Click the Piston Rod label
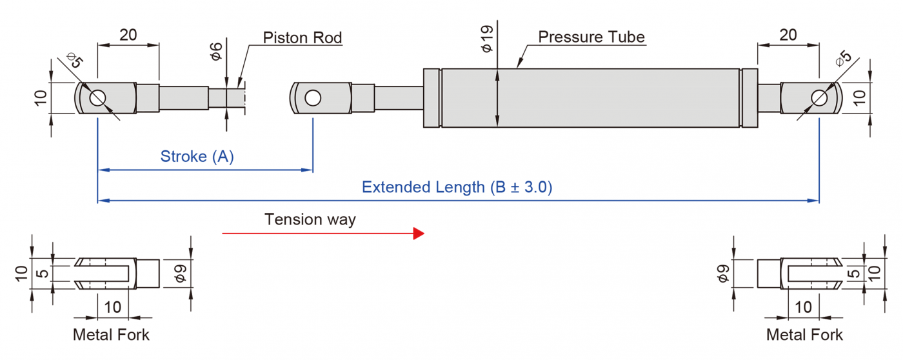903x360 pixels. [302, 37]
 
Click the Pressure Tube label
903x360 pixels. [591, 37]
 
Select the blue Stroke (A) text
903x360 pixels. [197, 156]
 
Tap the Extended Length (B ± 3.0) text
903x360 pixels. [457, 188]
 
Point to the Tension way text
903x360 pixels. [310, 219]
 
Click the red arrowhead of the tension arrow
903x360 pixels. [419, 234]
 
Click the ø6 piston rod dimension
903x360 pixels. [217, 52]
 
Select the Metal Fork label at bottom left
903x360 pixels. [111, 335]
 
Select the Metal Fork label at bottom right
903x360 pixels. [804, 335]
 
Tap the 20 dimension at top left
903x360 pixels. [128, 35]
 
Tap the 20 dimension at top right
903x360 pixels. [788, 35]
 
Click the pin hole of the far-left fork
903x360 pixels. [97, 98]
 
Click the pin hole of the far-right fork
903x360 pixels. [819, 98]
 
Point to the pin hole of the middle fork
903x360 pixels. [313, 98]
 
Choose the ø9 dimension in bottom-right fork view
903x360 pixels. [723, 274]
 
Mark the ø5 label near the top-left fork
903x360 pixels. [75, 63]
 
